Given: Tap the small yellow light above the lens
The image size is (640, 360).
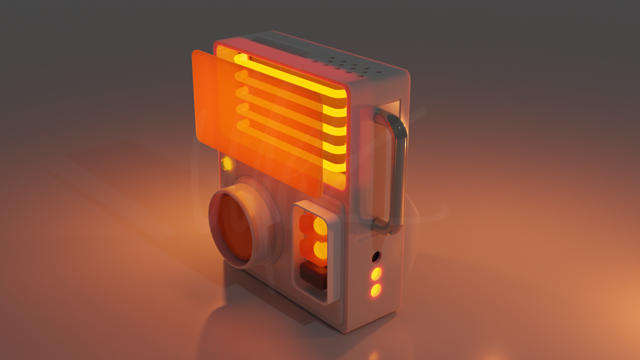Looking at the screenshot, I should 227,163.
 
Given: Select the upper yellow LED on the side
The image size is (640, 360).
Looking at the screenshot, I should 376,274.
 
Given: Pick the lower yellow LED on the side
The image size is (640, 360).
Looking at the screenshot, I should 376,290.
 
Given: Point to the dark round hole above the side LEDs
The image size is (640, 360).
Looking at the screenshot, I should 376,257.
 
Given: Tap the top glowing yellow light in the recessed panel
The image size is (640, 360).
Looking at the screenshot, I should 320,226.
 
